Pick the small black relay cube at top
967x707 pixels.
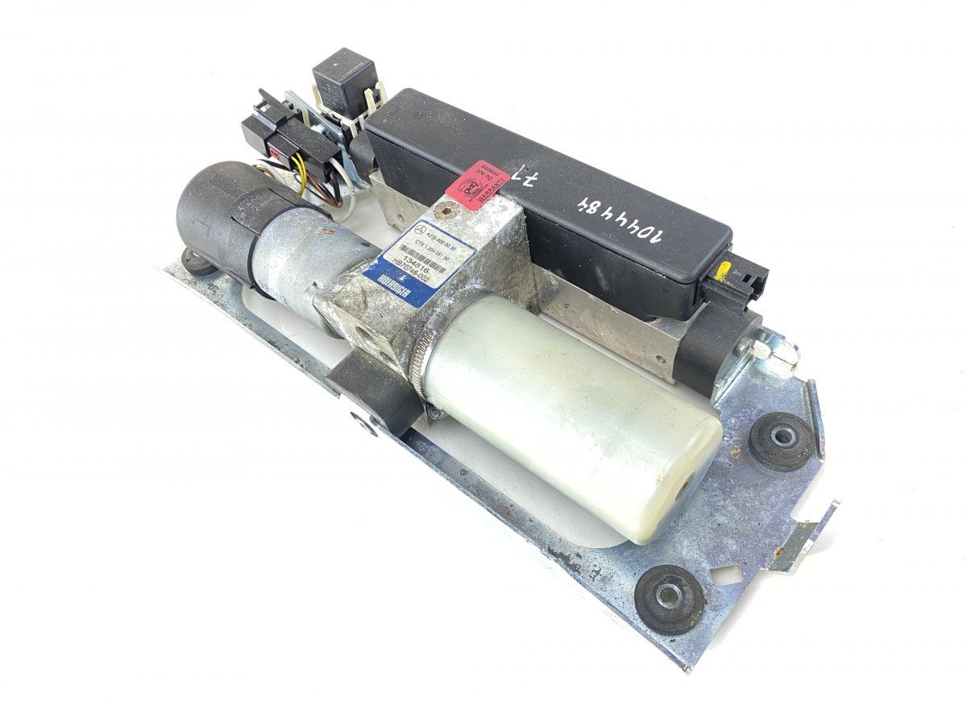coord(340,75)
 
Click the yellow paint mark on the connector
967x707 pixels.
coord(725,270)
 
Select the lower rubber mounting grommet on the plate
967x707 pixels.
coord(670,596)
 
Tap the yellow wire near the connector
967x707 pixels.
coord(301,181)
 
